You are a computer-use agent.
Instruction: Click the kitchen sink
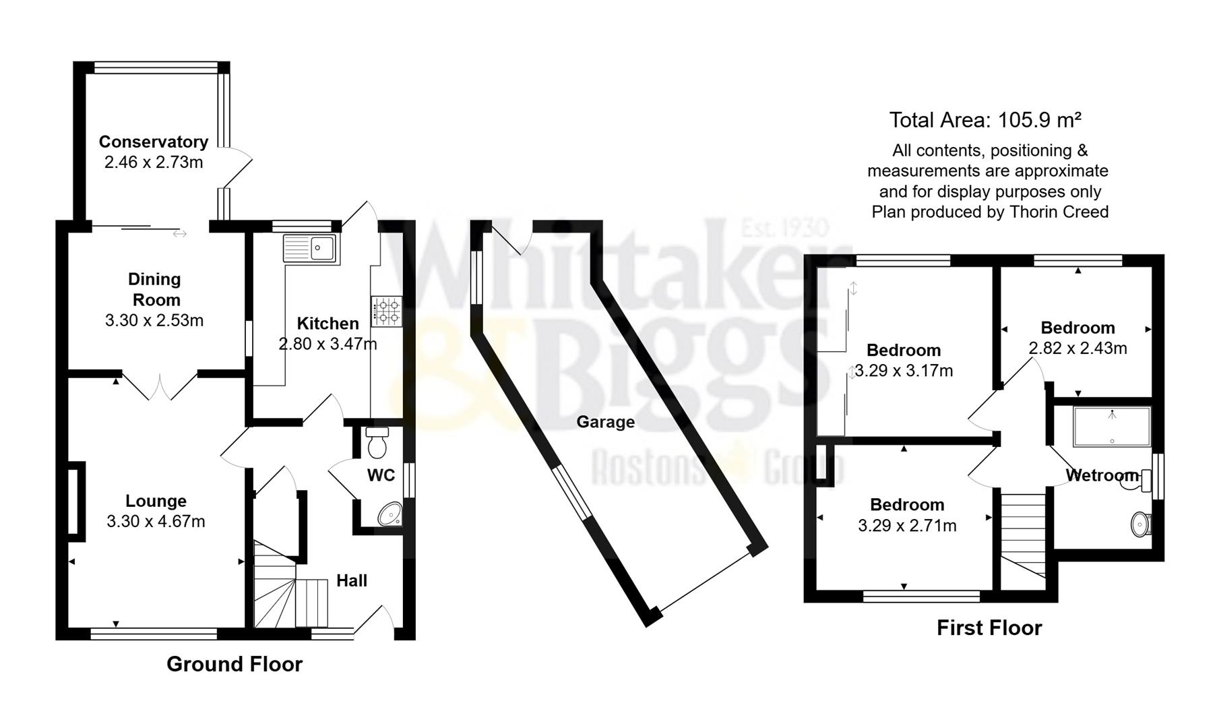(x=311, y=248)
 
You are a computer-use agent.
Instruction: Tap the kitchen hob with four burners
(x=386, y=311)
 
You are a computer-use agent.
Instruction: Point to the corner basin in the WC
(x=389, y=515)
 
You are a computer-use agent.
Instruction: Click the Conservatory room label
(x=154, y=142)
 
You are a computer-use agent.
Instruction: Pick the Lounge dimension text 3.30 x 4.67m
(x=156, y=521)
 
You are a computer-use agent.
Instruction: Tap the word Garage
(x=605, y=422)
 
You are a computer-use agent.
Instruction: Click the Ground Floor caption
(x=235, y=664)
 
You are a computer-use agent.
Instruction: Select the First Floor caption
(x=989, y=628)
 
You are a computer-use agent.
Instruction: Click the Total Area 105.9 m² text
(x=985, y=120)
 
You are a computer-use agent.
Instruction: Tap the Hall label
(x=352, y=580)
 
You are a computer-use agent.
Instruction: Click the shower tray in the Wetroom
(x=1111, y=426)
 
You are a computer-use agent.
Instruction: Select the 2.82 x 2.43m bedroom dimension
(x=1078, y=348)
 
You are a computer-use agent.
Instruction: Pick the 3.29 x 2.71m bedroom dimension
(x=907, y=525)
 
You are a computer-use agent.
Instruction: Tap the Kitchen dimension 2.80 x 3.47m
(x=327, y=344)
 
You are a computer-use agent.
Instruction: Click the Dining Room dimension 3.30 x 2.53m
(x=154, y=320)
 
